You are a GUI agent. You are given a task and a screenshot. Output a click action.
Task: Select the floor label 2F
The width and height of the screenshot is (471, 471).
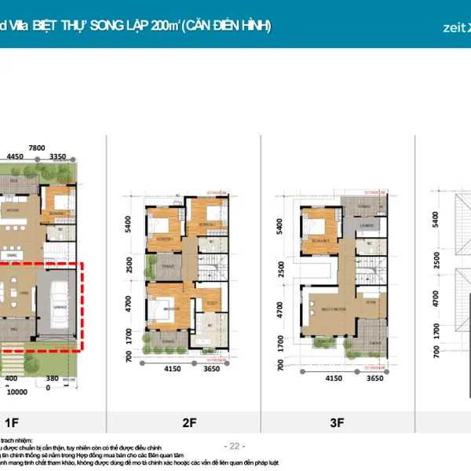click(189, 423)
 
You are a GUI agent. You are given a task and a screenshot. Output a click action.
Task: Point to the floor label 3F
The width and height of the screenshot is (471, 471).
click(337, 423)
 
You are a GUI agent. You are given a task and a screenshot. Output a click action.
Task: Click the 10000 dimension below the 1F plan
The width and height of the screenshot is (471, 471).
click(18, 390)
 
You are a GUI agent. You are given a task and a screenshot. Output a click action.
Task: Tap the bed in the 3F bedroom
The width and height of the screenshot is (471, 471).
click(318, 228)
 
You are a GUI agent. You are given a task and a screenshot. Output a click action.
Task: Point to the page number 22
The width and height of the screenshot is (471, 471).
click(235, 445)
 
